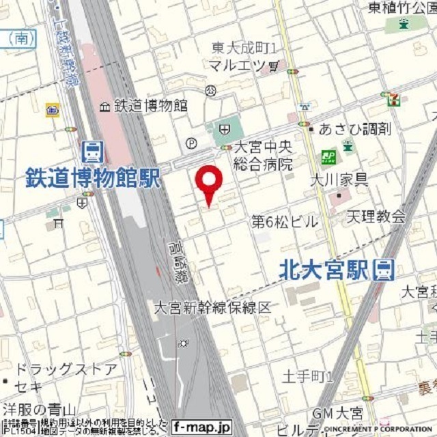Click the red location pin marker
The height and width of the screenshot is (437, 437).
[209, 181]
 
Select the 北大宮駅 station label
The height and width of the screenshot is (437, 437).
[324, 270]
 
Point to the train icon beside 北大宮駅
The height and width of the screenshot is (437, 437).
[384, 270]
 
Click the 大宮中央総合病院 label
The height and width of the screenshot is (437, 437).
[264, 156]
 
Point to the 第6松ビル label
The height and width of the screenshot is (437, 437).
[285, 221]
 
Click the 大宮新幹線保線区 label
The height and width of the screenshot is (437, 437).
[212, 307]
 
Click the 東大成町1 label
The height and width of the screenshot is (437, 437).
[243, 48]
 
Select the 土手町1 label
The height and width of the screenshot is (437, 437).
[308, 377]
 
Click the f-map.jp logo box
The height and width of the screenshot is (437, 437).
[202, 425]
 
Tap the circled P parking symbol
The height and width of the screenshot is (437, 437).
[191, 143]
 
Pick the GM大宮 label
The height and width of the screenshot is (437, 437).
[337, 413]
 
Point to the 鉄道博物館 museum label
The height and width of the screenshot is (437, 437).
[151, 106]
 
